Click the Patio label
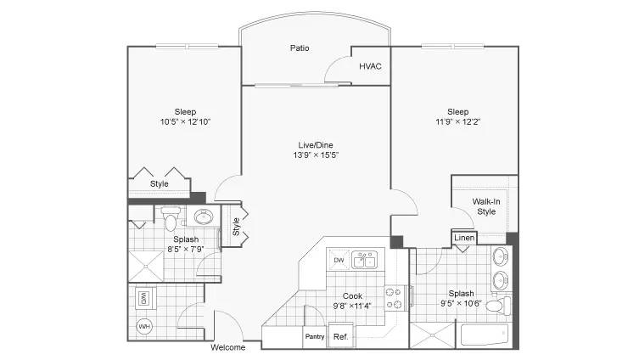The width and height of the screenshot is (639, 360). click(x=300, y=48)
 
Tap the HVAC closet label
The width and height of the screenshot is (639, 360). click(x=370, y=66)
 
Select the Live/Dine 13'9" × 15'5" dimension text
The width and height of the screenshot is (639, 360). click(x=316, y=155)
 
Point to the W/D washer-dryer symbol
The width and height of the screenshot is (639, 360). click(x=143, y=299)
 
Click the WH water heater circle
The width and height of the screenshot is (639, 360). click(x=144, y=327)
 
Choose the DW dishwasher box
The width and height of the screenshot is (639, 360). click(x=339, y=260)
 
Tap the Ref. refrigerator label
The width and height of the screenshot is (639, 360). click(x=340, y=337)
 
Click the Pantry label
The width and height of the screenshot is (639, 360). click(x=315, y=337)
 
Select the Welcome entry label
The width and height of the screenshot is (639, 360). click(x=227, y=347)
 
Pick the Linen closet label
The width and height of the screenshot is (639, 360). click(x=464, y=238)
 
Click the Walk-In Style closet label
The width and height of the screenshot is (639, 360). click(x=486, y=206)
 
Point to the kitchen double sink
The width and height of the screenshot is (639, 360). click(x=365, y=260)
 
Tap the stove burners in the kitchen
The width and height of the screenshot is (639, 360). click(x=394, y=298)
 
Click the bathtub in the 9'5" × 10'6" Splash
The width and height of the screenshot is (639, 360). click(x=485, y=335)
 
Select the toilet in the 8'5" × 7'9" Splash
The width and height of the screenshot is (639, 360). click(x=171, y=218)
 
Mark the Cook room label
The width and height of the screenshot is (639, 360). click(x=352, y=296)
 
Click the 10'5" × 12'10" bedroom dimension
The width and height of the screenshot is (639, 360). click(x=186, y=121)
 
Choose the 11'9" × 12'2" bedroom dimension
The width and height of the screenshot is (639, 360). click(x=458, y=121)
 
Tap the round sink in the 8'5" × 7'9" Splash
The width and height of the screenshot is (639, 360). click(x=204, y=217)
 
